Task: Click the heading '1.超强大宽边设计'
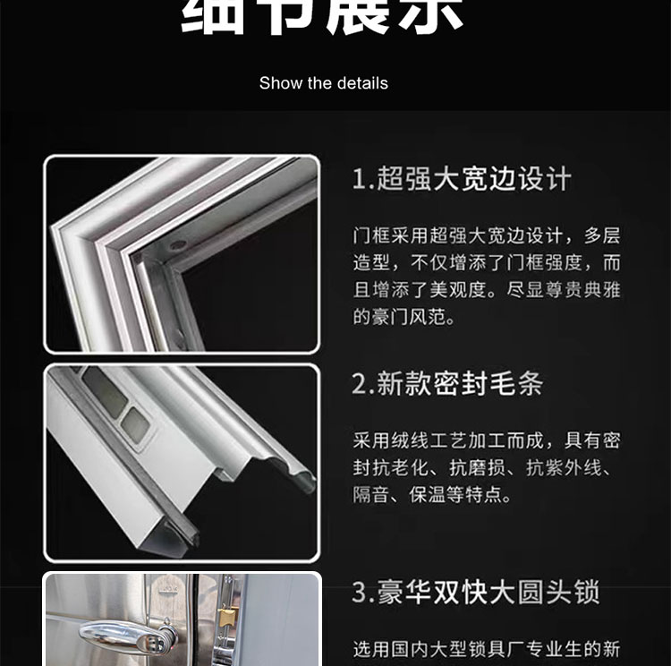461,179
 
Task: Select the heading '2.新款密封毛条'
447,384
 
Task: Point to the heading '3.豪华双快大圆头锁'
475,593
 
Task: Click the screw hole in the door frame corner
178,243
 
